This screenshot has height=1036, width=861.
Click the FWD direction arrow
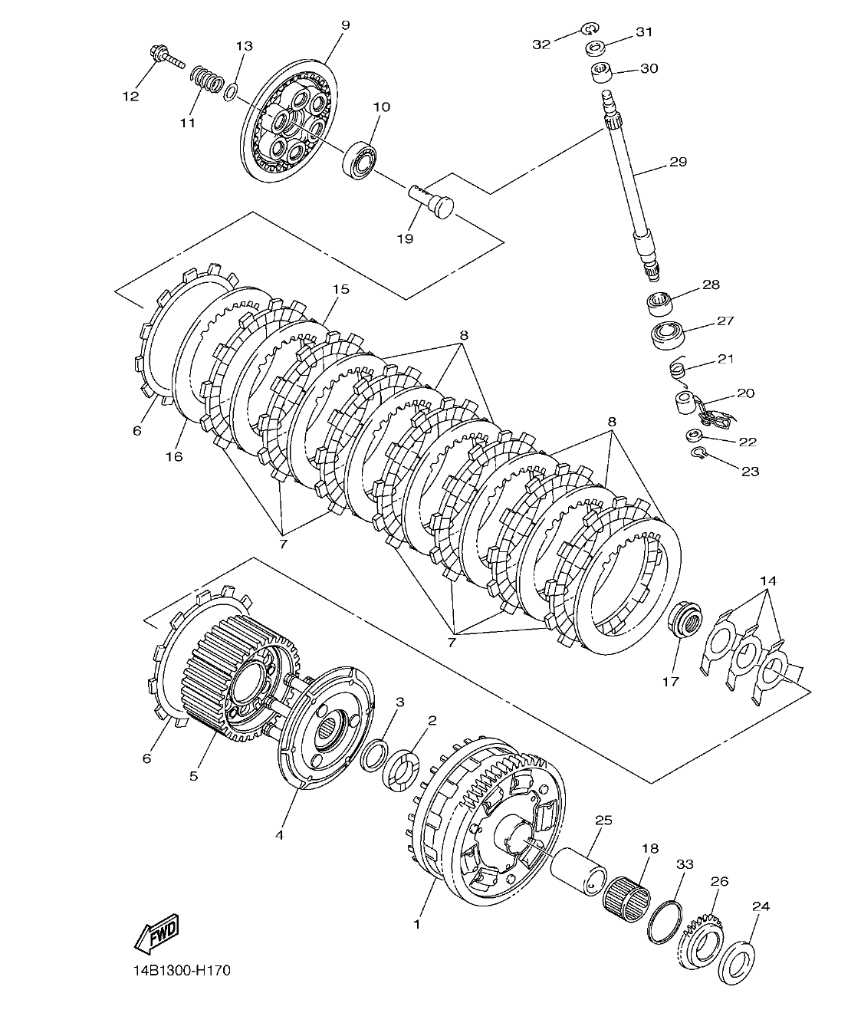(x=156, y=933)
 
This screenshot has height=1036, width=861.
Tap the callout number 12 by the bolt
(x=130, y=96)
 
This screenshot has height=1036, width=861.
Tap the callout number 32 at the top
(x=541, y=44)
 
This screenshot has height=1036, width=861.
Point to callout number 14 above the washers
(x=768, y=581)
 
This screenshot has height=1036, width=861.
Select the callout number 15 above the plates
(x=340, y=289)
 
